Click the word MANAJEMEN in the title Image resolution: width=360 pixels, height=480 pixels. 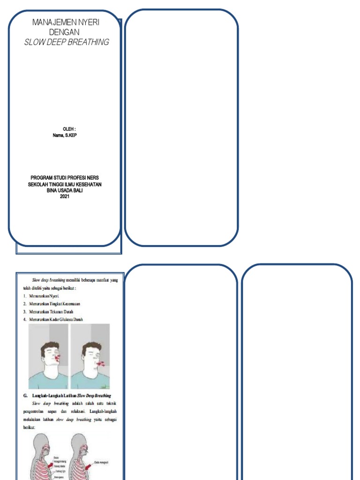pos(50,22)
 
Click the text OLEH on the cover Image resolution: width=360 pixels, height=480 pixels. pos(68,129)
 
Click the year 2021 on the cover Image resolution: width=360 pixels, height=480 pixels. pos(65,196)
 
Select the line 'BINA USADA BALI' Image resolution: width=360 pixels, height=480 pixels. pos(65,190)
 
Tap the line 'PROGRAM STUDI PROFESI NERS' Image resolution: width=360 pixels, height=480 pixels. pos(65,178)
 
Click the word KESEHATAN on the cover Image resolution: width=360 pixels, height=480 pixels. pos(89,184)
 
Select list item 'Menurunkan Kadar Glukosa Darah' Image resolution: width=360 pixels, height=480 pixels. pos(56,319)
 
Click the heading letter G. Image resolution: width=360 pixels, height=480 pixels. pos(25,396)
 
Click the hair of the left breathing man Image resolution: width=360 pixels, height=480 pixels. pos(49,346)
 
